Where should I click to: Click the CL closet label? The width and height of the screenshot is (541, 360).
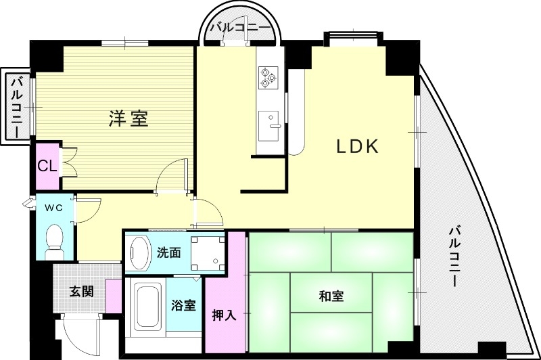[x=46, y=166]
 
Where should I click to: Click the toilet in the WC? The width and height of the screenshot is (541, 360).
[x=53, y=241]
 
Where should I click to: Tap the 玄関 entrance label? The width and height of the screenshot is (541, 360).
[x=80, y=292]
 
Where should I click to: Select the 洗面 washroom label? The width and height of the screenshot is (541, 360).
[x=168, y=253]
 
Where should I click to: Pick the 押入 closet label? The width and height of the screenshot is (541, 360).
[x=224, y=315]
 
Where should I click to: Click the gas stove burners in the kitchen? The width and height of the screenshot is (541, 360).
[x=268, y=76]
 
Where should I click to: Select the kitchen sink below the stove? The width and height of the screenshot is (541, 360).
[x=271, y=122]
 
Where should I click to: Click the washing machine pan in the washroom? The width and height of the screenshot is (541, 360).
[x=208, y=252]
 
